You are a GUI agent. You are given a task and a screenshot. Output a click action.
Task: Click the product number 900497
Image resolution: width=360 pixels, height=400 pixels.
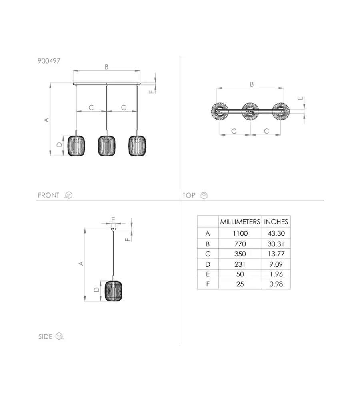(49, 61)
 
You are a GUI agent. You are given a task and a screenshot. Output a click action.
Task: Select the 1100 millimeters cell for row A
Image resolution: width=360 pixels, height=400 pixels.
(240, 233)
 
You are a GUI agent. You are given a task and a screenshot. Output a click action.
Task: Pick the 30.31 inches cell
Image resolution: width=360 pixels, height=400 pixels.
(276, 244)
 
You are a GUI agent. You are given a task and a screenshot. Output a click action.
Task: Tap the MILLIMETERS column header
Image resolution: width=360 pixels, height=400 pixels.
(240, 222)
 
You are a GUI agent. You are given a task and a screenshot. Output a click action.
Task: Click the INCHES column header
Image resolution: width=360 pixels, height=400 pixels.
(276, 222)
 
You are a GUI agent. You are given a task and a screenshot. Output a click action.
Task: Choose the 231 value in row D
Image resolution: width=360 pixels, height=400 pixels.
(240, 264)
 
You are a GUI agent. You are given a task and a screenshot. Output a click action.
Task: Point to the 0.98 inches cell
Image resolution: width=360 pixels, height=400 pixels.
(276, 284)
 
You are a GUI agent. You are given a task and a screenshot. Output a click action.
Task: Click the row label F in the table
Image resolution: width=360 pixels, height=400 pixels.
(208, 284)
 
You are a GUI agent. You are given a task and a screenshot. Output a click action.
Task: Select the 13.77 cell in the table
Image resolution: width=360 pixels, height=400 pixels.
(276, 254)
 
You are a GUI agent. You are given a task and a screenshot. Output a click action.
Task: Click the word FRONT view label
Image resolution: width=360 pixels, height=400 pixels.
(48, 195)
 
